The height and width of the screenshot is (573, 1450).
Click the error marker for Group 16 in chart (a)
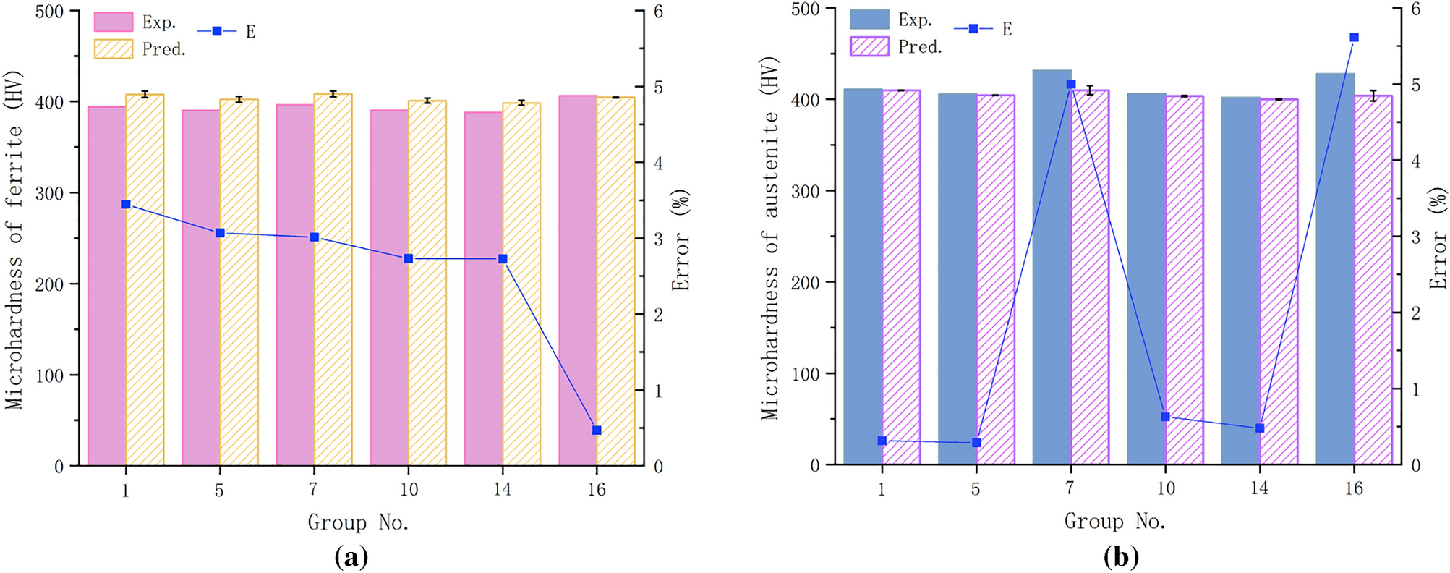[x=597, y=430]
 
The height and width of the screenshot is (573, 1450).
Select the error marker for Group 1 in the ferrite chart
[x=126, y=205]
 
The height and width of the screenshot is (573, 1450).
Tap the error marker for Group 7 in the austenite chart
[x=1071, y=85]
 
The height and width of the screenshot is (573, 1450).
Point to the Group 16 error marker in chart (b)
[x=1355, y=38]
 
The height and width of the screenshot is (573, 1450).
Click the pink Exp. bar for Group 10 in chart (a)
[x=389, y=289]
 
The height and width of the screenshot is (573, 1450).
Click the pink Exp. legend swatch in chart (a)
[x=114, y=22]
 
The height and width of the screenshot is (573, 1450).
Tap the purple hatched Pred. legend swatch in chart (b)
[x=869, y=46]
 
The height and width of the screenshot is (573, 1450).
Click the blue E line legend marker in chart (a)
[x=217, y=31]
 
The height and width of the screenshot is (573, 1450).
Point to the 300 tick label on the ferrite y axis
[x=50, y=193]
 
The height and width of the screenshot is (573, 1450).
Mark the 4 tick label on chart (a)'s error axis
[x=658, y=163]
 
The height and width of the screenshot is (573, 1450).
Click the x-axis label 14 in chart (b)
[x=1259, y=488]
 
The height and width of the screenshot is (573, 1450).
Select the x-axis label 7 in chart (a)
[x=313, y=490]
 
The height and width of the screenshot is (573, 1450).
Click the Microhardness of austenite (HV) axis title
[x=770, y=239]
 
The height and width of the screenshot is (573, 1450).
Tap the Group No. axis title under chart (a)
[x=358, y=522]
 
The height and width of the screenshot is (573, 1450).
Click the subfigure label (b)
[x=1121, y=557]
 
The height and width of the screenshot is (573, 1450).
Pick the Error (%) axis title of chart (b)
[x=1438, y=239]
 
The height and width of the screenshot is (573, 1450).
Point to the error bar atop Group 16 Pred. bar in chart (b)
[x=1373, y=95]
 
